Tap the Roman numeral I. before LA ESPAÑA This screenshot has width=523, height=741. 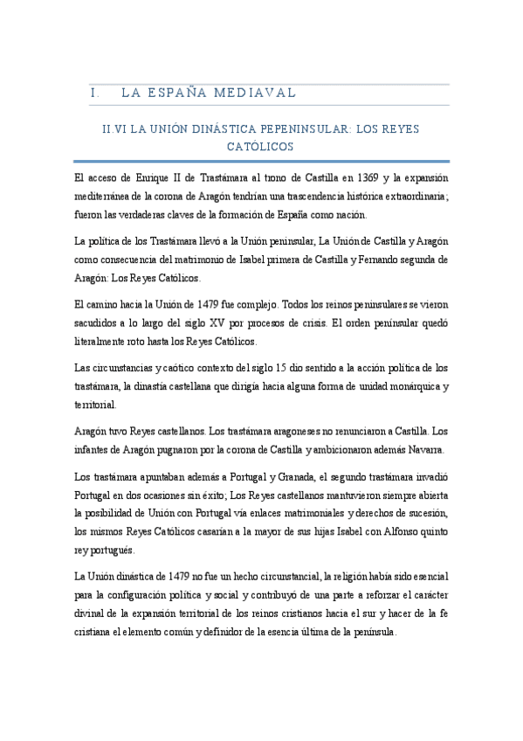95,93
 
